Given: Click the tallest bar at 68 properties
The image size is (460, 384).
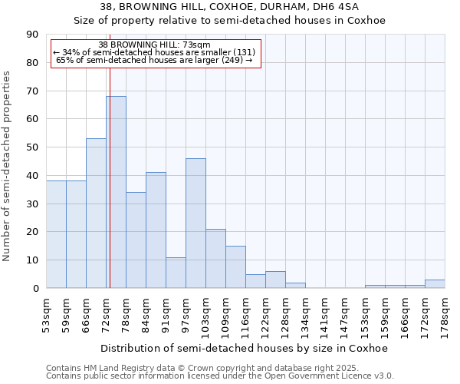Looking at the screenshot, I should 116,192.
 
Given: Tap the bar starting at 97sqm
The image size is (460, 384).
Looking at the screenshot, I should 195,223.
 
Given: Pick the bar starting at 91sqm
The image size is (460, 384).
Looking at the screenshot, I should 176,273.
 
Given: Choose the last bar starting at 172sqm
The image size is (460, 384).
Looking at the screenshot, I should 435,284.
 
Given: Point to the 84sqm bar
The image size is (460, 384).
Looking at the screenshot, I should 156,230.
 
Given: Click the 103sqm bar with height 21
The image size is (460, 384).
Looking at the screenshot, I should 215,258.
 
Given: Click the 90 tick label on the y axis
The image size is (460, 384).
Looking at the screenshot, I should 33,35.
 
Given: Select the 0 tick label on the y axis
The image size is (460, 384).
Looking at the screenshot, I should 36,289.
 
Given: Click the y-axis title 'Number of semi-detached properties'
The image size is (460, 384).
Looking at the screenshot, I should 8,167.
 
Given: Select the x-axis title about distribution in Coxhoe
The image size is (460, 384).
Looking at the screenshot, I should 244,348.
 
